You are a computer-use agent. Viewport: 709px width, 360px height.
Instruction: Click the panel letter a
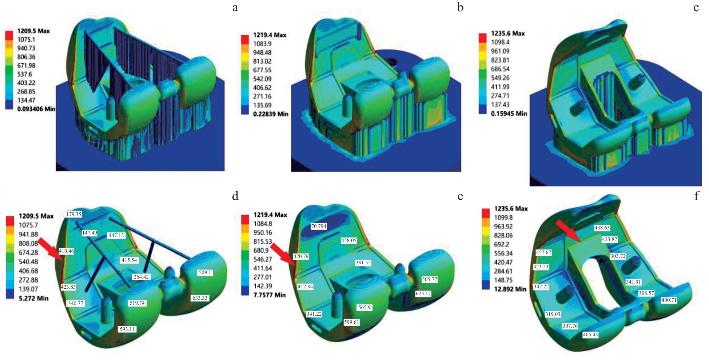click(x=235, y=8)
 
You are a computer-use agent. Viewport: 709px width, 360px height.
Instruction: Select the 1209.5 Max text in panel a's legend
click(x=33, y=31)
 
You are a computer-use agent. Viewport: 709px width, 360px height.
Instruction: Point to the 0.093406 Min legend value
click(x=36, y=109)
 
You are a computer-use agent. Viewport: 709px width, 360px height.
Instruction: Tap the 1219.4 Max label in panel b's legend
click(x=270, y=35)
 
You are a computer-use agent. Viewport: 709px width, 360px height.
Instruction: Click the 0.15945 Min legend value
click(x=509, y=113)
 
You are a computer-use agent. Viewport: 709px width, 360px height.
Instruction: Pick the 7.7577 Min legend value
click(x=270, y=295)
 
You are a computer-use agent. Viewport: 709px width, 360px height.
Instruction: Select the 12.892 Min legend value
click(x=510, y=289)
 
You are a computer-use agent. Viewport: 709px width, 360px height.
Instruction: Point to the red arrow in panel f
click(x=568, y=231)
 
